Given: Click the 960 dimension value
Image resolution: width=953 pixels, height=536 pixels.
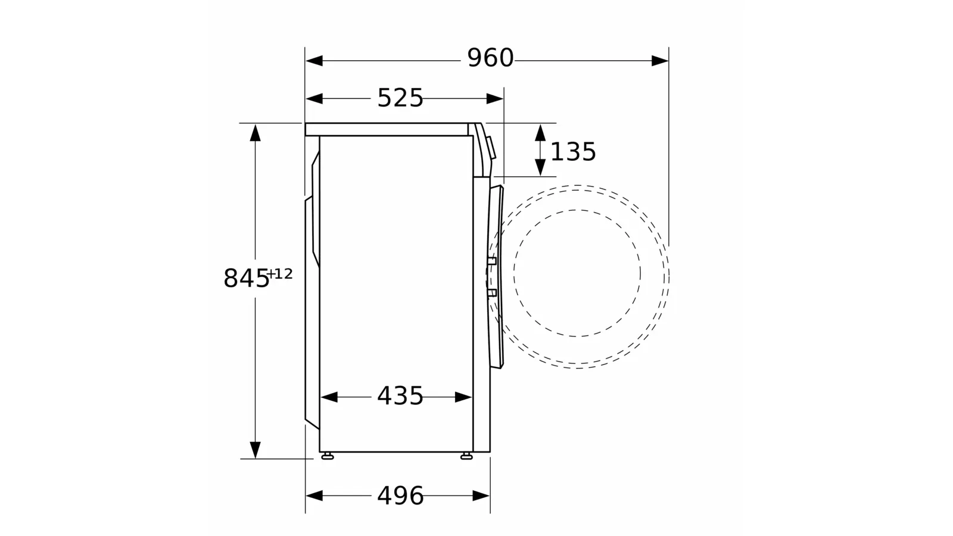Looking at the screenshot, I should [x=490, y=58].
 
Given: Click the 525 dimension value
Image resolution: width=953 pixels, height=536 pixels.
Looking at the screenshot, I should [x=400, y=98].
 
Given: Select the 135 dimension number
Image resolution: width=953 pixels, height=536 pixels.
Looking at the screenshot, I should [x=573, y=152].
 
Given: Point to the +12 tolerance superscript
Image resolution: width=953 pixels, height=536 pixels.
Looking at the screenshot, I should [x=281, y=274].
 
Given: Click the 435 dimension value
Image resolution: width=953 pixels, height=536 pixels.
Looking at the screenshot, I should [x=400, y=396].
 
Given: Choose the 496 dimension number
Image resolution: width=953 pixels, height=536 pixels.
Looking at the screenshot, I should [x=400, y=496].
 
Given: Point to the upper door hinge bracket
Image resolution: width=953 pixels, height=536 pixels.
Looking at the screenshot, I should [x=491, y=261].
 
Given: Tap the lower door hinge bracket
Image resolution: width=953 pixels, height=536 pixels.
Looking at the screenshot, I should [x=491, y=292].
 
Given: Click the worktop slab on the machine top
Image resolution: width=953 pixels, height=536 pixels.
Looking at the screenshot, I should [x=387, y=129].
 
